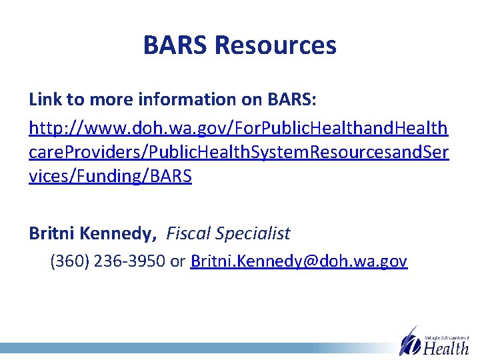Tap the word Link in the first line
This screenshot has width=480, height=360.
tap(44, 100)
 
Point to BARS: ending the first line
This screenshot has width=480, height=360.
tap(291, 100)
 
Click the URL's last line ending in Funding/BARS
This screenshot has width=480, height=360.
tap(111, 178)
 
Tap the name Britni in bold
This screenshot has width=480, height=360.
tap(52, 233)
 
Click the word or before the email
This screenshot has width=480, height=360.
tap(178, 261)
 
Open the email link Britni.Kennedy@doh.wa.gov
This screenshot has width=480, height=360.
tap(299, 261)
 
